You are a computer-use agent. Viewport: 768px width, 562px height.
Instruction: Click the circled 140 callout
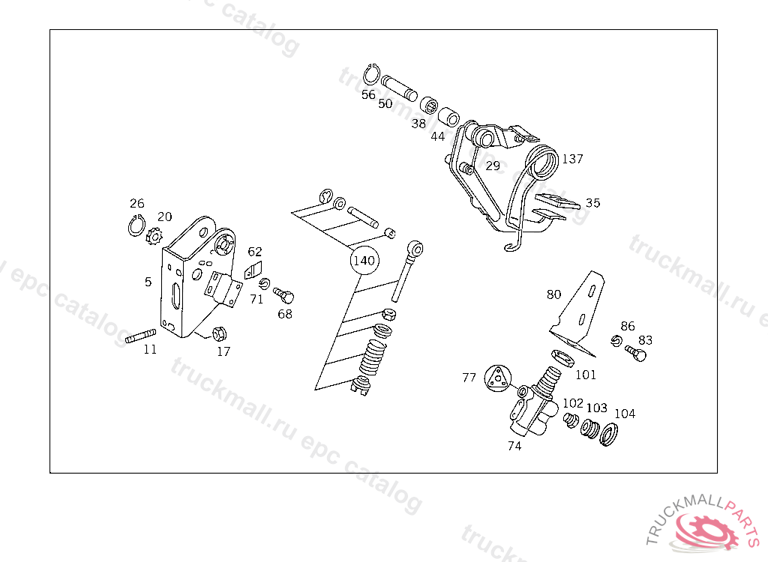[x=364, y=262]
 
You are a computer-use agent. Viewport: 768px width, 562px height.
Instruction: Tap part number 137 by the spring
[x=572, y=159]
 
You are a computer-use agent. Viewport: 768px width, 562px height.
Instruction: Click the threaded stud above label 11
[x=140, y=337]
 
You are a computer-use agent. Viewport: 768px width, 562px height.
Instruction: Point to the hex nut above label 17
[x=220, y=333]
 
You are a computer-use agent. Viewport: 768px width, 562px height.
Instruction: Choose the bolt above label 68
[x=284, y=294]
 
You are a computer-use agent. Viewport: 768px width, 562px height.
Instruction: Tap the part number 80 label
[x=553, y=294]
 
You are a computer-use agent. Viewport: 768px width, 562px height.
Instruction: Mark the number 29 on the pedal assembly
[x=492, y=166]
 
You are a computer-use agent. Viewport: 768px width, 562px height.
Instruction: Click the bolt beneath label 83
[x=636, y=353]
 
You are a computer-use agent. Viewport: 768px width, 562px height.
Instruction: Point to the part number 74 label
[x=514, y=446]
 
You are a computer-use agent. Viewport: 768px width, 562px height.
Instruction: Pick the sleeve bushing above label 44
[x=449, y=118]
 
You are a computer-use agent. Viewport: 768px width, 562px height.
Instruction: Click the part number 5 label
[x=148, y=282]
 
